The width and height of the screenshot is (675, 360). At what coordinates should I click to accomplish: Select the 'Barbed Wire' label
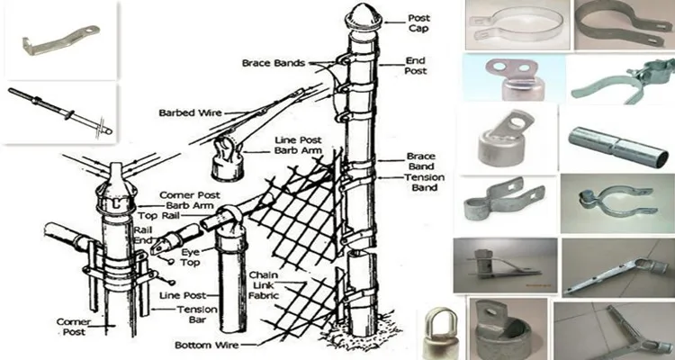click(184, 112)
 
